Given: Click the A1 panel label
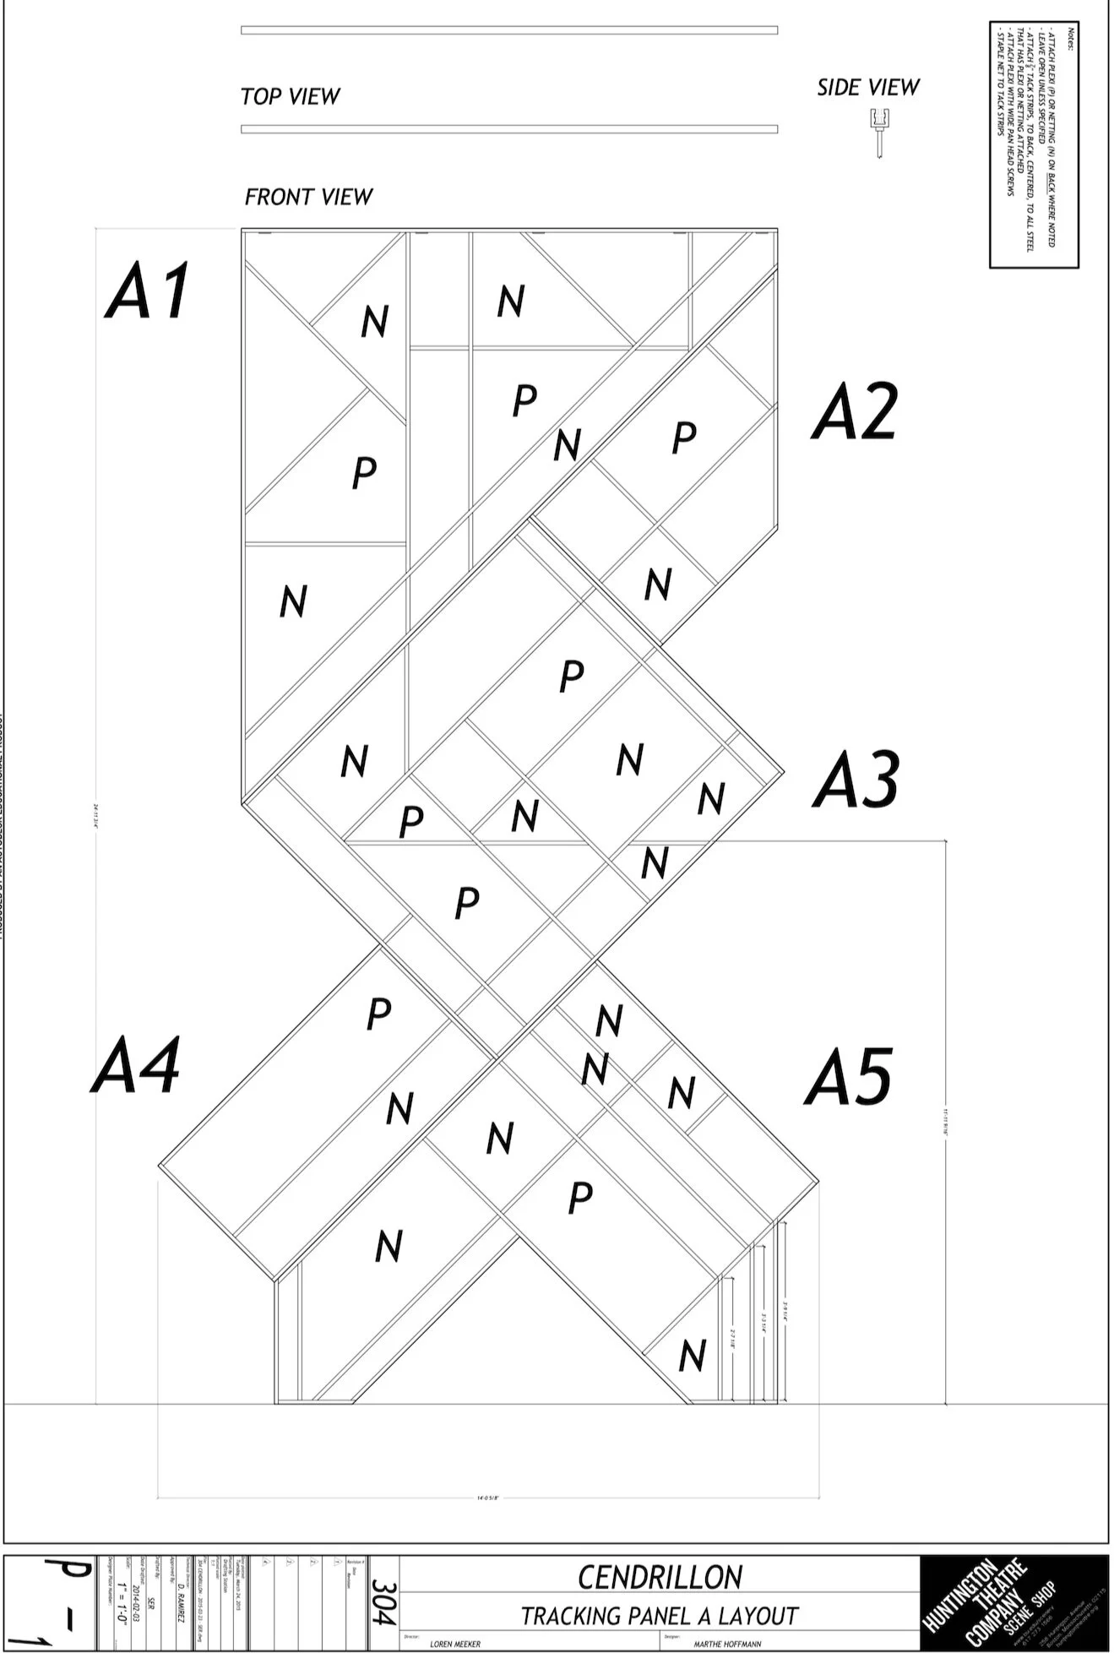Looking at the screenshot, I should click(x=149, y=291).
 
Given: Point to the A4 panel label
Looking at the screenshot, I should click(x=135, y=1066).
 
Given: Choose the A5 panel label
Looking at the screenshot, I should click(x=848, y=1077).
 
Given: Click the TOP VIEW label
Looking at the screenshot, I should click(x=290, y=96).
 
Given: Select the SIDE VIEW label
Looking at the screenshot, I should click(x=867, y=87).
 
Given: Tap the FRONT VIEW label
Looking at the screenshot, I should click(x=308, y=197).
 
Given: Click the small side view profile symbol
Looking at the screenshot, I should click(x=878, y=132).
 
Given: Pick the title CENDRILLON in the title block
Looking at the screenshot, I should click(x=660, y=1577).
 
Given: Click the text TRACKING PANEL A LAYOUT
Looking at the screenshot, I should click(x=659, y=1616).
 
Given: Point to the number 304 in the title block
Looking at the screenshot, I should click(x=383, y=1602).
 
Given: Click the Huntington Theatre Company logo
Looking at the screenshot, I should click(x=1013, y=1602).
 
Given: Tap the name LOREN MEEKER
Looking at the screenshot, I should click(x=454, y=1644).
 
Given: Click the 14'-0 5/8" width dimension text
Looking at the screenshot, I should click(x=489, y=1498).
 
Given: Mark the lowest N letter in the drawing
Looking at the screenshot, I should click(x=693, y=1356).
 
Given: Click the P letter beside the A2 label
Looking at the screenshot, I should click(x=683, y=437).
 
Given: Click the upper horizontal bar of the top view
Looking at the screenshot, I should click(x=508, y=30).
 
